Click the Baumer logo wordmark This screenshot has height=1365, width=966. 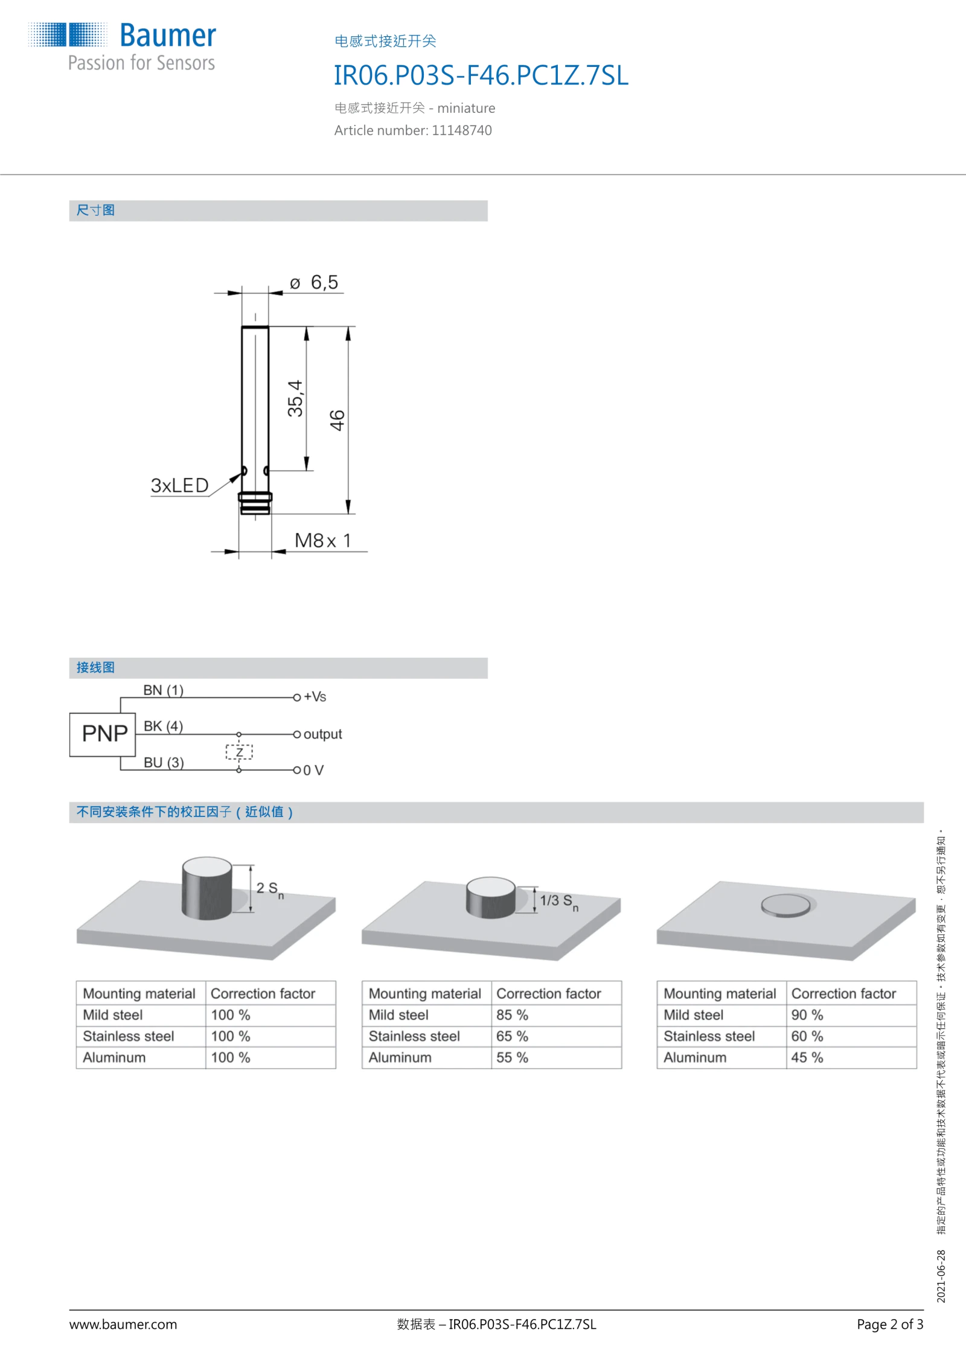pyautogui.click(x=168, y=36)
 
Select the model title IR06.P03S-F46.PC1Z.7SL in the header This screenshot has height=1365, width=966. pyautogui.click(x=481, y=75)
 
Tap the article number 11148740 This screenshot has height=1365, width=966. pyautogui.click(x=461, y=130)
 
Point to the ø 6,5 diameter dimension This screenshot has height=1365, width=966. pyautogui.click(x=314, y=282)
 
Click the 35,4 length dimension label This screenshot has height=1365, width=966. pyautogui.click(x=295, y=398)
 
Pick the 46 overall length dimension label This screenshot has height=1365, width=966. pyautogui.click(x=337, y=420)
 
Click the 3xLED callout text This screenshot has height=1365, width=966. pyautogui.click(x=179, y=485)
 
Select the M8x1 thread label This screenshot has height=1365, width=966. pyautogui.click(x=322, y=541)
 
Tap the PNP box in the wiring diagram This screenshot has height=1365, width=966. pyautogui.click(x=103, y=734)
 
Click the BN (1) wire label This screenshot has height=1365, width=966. pyautogui.click(x=163, y=690)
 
